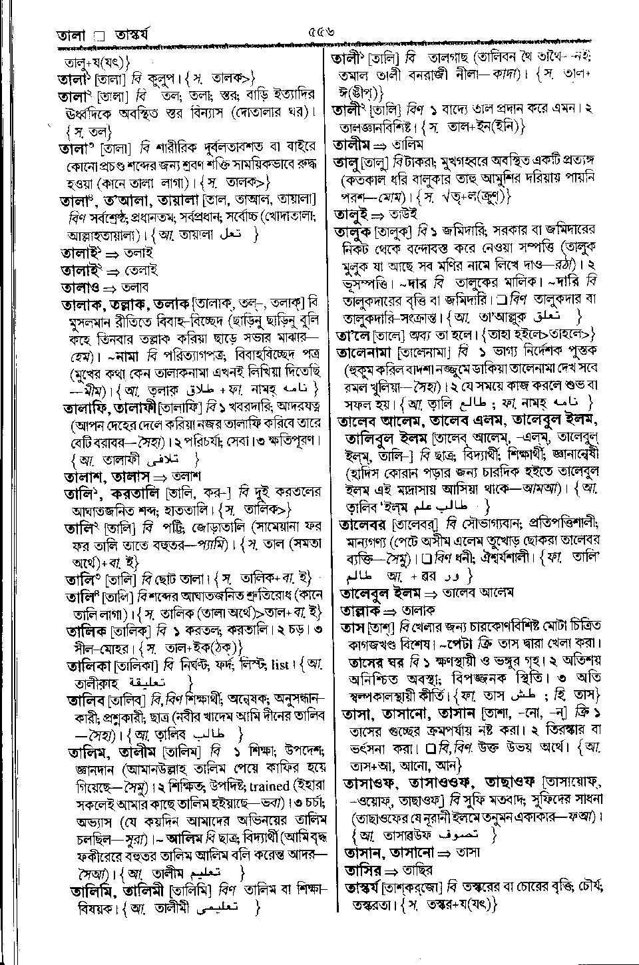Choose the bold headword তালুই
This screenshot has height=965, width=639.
[351, 214]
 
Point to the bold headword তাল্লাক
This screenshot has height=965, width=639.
[360, 610]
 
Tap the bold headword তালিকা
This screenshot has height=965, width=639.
[89, 665]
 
